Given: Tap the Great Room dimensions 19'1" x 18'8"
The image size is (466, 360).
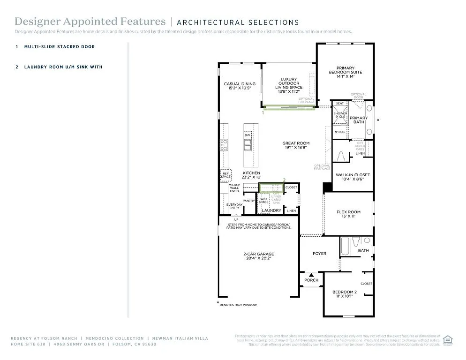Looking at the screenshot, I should (x=296, y=147).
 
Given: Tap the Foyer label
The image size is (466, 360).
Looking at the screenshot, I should (x=319, y=254).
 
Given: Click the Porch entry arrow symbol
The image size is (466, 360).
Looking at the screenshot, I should (x=311, y=275).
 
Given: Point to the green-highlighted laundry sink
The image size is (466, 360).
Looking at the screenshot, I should (x=271, y=187).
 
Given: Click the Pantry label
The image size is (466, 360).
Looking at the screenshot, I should (x=248, y=201).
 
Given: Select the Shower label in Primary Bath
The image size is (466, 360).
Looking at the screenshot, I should (x=340, y=113).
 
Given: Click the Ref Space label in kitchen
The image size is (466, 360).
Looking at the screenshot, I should (x=226, y=175).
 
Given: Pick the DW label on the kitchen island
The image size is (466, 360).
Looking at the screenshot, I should (x=247, y=135).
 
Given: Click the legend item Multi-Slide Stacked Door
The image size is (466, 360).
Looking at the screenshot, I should (x=59, y=47).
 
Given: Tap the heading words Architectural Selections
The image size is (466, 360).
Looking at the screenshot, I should (x=238, y=22).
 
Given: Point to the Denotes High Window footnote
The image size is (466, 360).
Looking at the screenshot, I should (x=238, y=305).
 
